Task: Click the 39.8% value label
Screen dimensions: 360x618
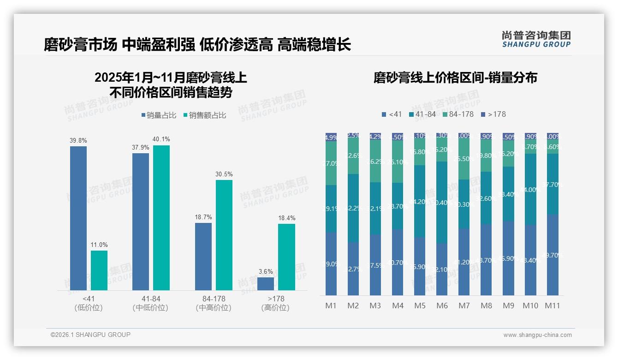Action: (x=78, y=140)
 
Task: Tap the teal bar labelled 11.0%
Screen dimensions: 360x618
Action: (x=99, y=270)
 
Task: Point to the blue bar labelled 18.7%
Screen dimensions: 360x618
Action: (x=203, y=257)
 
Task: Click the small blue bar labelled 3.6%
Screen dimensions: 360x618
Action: (x=266, y=283)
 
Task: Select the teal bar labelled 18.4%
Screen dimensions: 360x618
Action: (x=286, y=257)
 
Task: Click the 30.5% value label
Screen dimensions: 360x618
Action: (x=224, y=174)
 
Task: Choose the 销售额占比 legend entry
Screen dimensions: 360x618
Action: (x=204, y=115)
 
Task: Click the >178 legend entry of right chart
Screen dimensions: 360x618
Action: (x=493, y=114)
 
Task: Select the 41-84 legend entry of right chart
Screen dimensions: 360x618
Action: (x=422, y=114)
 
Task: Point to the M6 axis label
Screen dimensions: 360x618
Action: (x=442, y=306)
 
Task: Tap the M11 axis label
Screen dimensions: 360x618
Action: (x=552, y=306)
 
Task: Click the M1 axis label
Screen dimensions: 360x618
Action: (x=331, y=306)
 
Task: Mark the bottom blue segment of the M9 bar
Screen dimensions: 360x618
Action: (x=508, y=258)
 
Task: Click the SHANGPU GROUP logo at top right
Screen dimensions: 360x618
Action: (x=536, y=39)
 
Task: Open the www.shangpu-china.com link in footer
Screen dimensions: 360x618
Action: (x=537, y=335)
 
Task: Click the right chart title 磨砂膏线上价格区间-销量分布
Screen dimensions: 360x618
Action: (x=455, y=78)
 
